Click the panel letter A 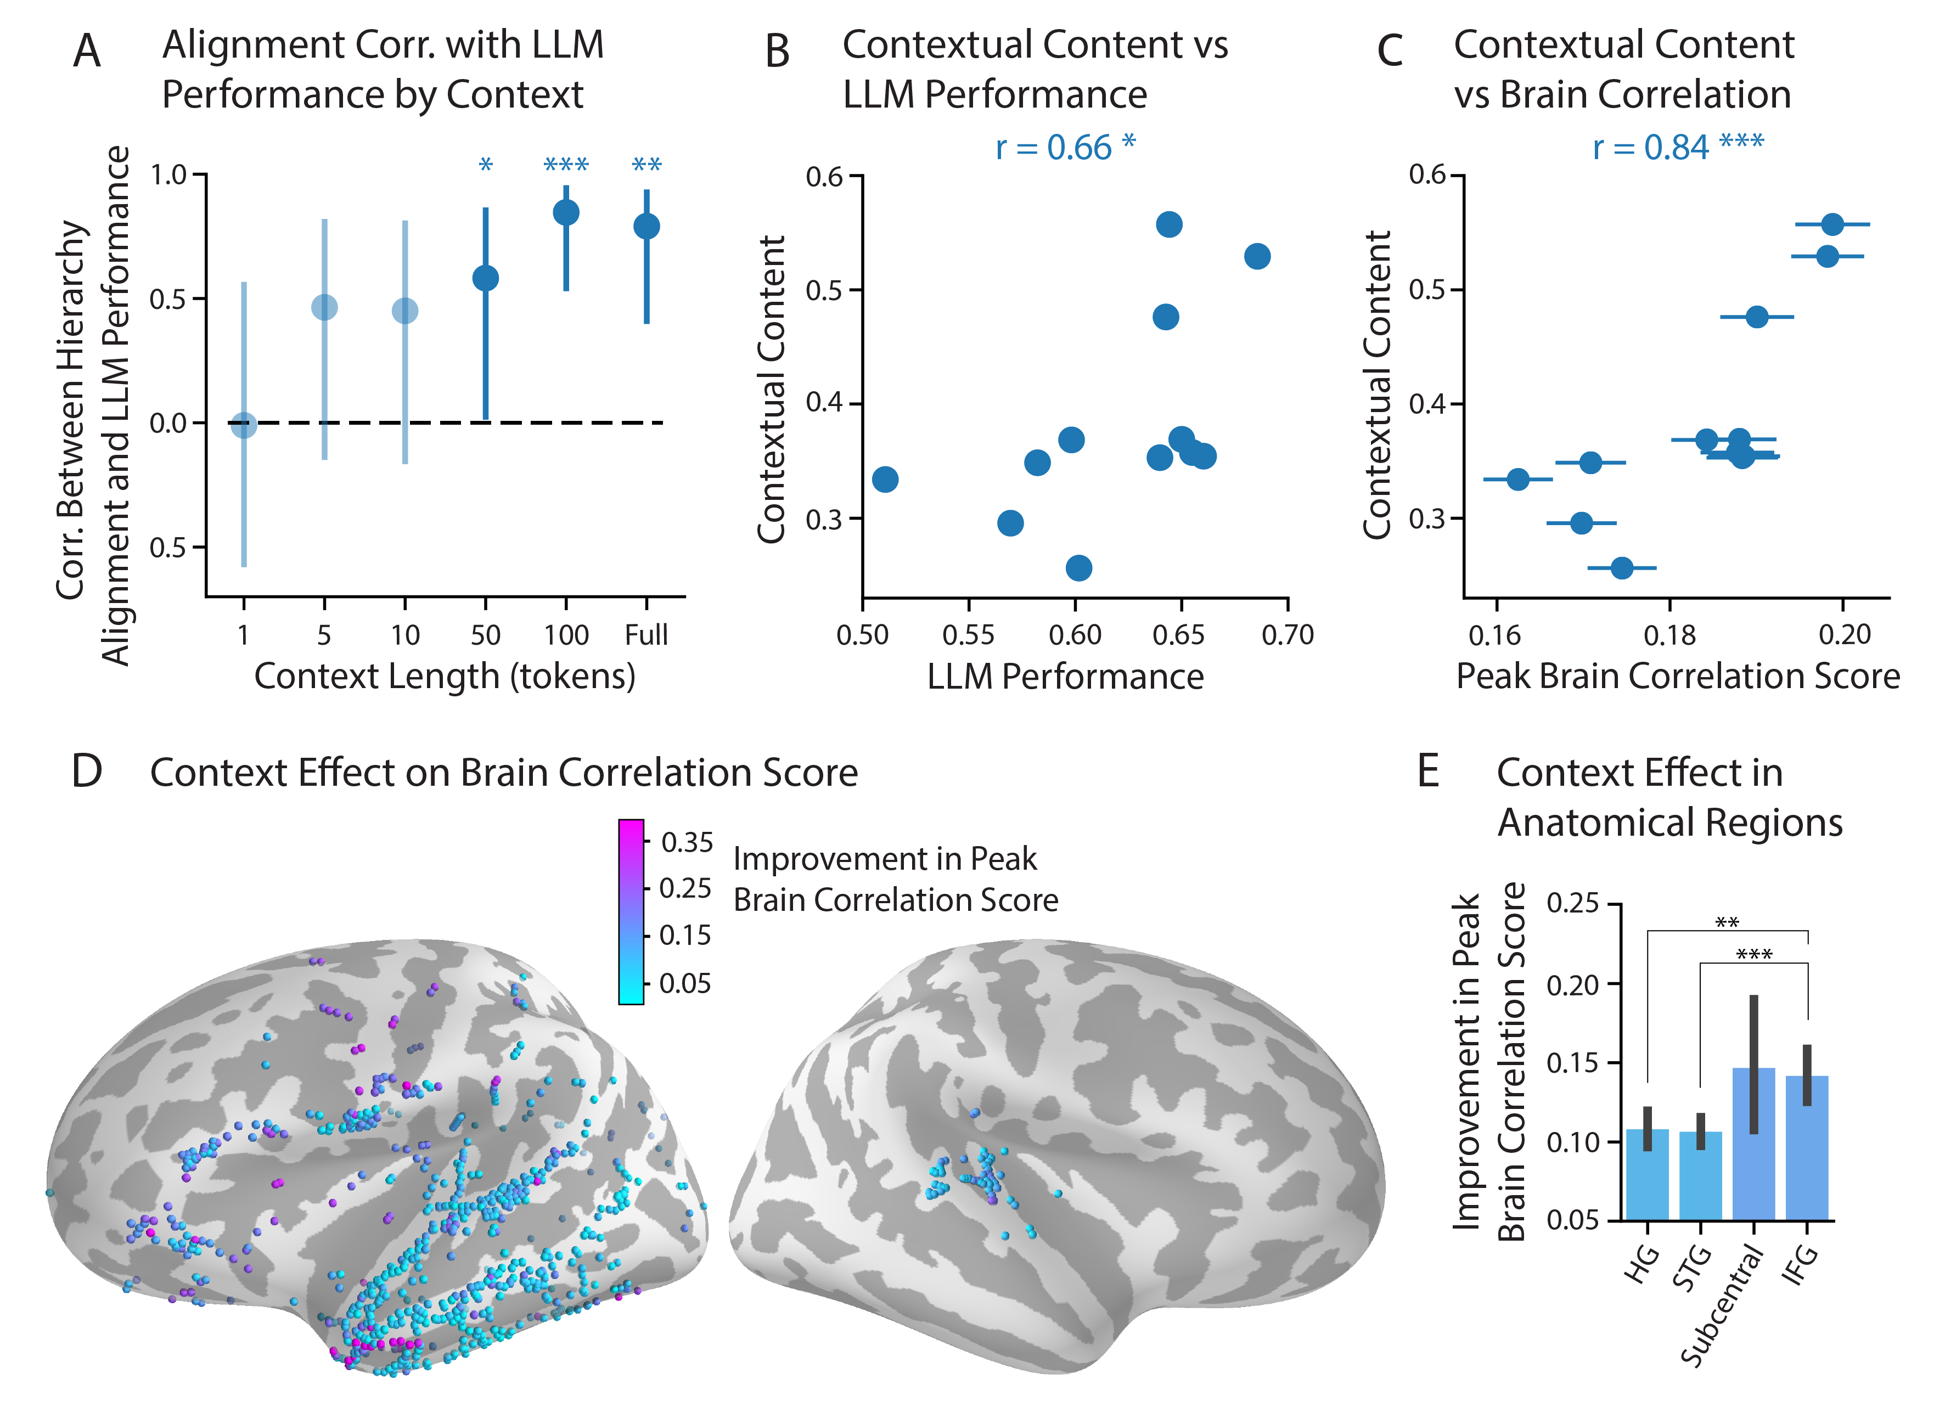[x=87, y=52]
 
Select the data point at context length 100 [x=566, y=212]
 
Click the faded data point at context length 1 [x=244, y=425]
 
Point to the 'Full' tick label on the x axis [x=646, y=635]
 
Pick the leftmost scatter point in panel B [x=885, y=478]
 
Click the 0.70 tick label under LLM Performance [x=1287, y=635]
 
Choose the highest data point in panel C [x=1832, y=224]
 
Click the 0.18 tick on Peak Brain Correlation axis [x=1669, y=635]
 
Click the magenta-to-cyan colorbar [x=631, y=911]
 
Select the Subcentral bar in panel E [x=1754, y=1143]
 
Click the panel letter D [x=87, y=771]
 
